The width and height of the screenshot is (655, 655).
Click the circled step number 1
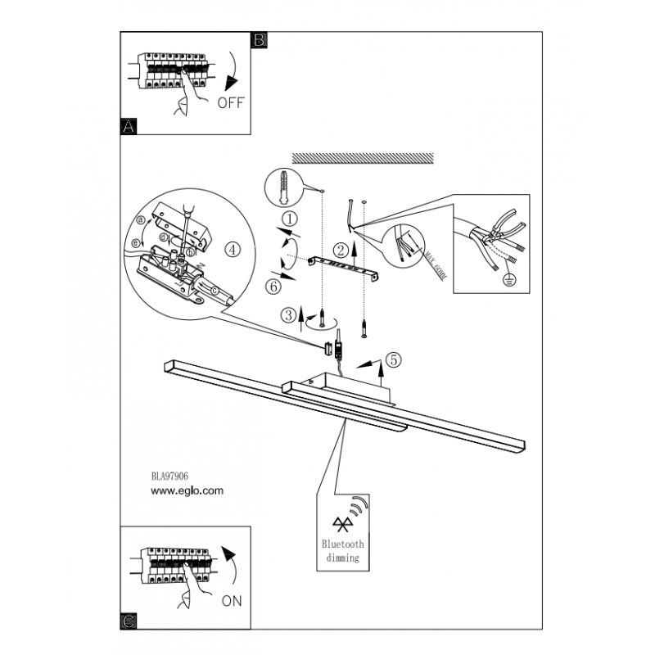pyautogui.click(x=288, y=219)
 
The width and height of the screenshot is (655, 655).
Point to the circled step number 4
pyautogui.click(x=234, y=250)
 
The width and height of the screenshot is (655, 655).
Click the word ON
pyautogui.click(x=232, y=601)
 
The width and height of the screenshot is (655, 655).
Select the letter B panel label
pyautogui.click(x=259, y=39)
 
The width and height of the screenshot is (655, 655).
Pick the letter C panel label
pyautogui.click(x=128, y=623)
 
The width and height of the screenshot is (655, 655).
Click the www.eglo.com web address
pyautogui.click(x=187, y=492)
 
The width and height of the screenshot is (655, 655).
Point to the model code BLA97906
pyautogui.click(x=171, y=477)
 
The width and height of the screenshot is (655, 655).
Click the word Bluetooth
pyautogui.click(x=343, y=544)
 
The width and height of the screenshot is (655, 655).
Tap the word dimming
pyautogui.click(x=343, y=558)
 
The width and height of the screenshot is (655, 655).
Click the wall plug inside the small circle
pyautogui.click(x=283, y=188)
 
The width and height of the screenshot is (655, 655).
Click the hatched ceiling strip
pyautogui.click(x=362, y=156)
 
